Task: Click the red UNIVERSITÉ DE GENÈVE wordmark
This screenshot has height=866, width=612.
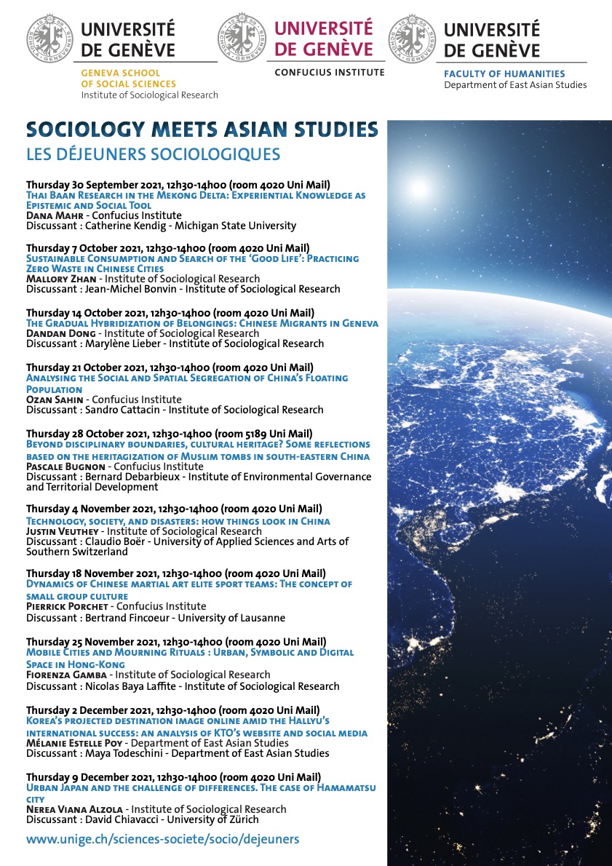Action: [323, 39]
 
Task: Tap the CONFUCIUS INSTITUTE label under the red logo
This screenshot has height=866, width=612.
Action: [329, 73]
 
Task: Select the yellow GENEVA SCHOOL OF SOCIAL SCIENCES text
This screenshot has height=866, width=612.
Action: [120, 79]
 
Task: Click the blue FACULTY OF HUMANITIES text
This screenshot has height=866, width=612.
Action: [504, 74]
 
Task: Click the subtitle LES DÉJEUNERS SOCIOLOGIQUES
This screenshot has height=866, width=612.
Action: [153, 154]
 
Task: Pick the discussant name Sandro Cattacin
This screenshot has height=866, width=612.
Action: [116, 410]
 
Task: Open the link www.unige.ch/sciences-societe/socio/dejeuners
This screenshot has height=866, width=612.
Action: [162, 839]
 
